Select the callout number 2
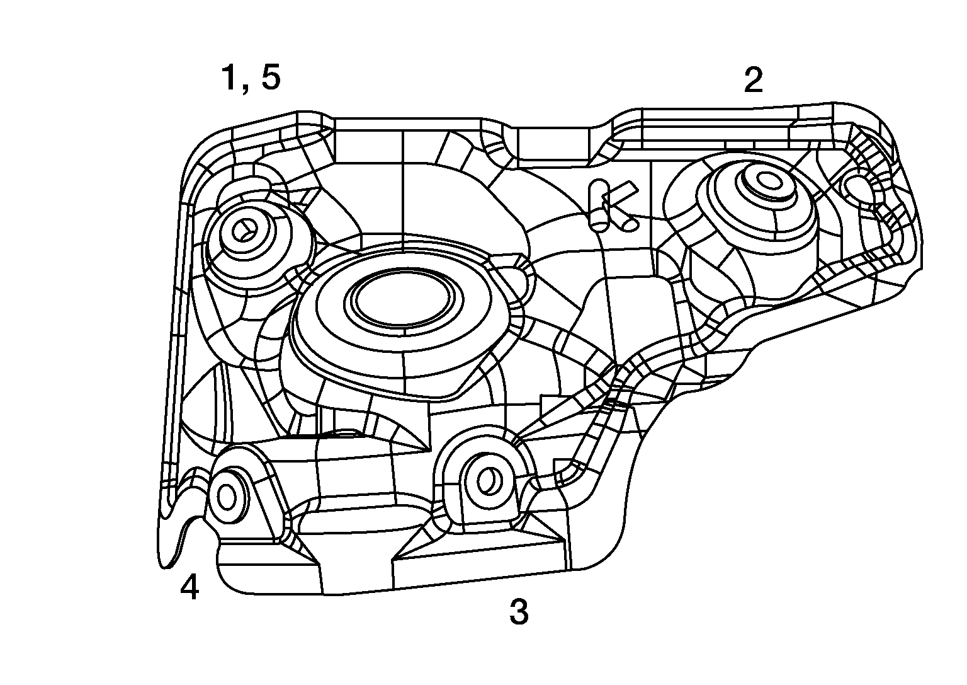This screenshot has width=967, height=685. click(754, 80)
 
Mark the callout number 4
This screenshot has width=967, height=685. click(189, 588)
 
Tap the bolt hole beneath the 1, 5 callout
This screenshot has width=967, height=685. click(242, 231)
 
